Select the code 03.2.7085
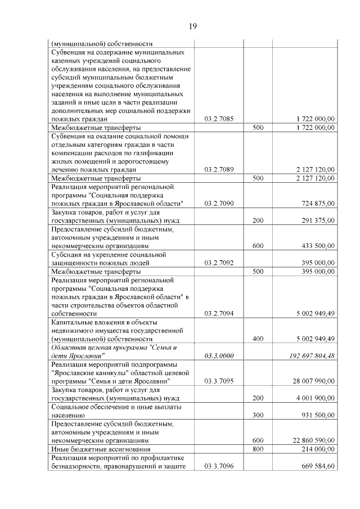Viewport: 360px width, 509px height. (219, 119)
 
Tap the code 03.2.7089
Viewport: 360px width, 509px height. (219, 169)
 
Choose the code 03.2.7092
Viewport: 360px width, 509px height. (219, 263)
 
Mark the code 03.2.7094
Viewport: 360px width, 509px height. (219, 313)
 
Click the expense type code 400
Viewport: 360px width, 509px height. (258, 339)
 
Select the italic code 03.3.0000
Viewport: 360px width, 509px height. (219, 355)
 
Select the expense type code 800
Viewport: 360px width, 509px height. (258, 449)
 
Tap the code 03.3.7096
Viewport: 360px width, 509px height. (219, 466)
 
